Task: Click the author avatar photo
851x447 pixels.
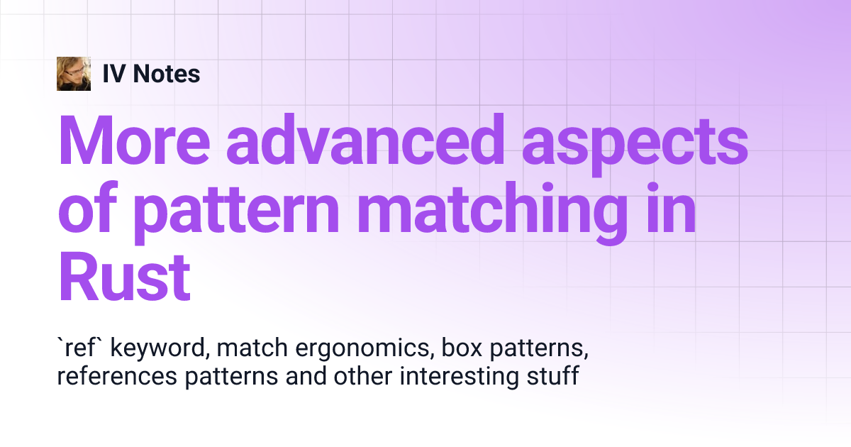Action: pyautogui.click(x=74, y=74)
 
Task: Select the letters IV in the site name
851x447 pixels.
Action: pyautogui.click(x=113, y=74)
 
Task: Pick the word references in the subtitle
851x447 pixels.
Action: pyautogui.click(x=117, y=377)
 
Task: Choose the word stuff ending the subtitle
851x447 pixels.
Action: pyautogui.click(x=553, y=377)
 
